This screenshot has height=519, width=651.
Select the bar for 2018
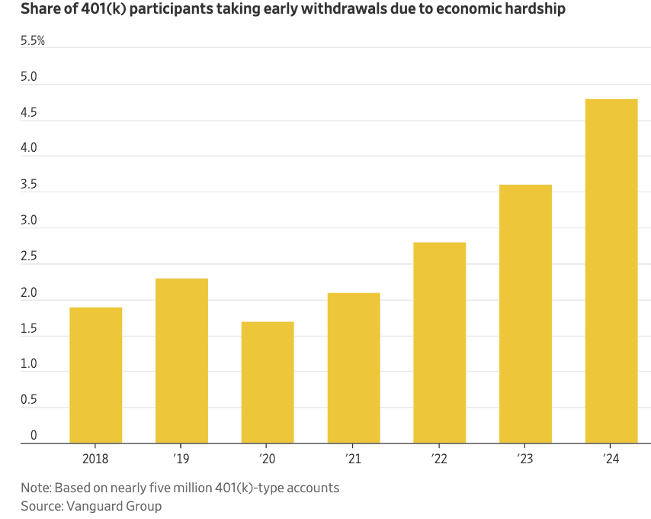[x=95, y=374]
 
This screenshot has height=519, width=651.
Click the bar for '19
[x=181, y=360]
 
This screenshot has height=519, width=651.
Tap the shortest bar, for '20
[x=268, y=382]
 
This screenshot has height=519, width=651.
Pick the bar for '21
[x=354, y=367]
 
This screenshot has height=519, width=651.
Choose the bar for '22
[x=439, y=342]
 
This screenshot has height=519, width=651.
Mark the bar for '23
[x=525, y=313]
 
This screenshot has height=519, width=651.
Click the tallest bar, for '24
[x=611, y=270]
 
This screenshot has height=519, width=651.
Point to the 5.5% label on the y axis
[x=33, y=41]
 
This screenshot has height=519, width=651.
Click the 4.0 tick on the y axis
[x=30, y=150]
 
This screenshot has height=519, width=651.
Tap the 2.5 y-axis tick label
[x=30, y=256]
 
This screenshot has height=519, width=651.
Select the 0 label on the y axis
[x=34, y=436]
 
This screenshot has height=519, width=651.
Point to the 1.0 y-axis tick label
[x=30, y=364]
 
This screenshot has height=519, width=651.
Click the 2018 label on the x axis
[x=95, y=459]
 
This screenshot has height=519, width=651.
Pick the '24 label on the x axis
[x=611, y=459]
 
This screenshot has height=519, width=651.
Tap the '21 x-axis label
[x=354, y=459]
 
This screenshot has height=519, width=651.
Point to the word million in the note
[x=188, y=487]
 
